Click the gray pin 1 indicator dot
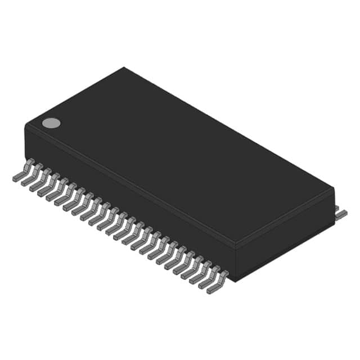click(51, 123)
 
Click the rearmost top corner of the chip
click(124, 68)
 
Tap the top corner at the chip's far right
click(334, 188)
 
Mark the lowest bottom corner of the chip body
click(236, 280)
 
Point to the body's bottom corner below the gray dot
click(26, 158)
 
